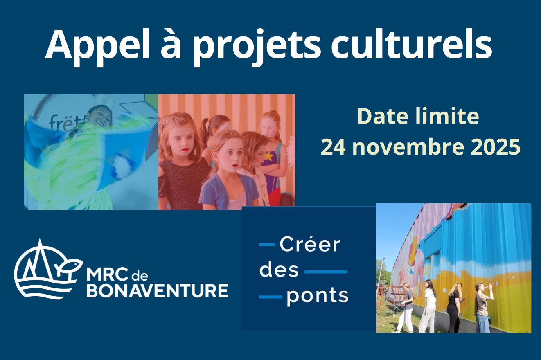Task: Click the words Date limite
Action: [x=418, y=116]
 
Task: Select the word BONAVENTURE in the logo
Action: [x=157, y=290]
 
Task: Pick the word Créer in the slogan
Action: [x=310, y=245]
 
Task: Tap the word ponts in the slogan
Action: [x=318, y=296]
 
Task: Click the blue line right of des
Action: [x=326, y=272]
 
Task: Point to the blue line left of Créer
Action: [x=267, y=245]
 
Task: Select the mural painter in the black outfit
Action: [x=454, y=307]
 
